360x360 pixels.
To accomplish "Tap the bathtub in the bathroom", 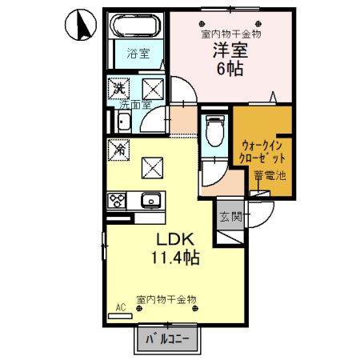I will click(135, 27).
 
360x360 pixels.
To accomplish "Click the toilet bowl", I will click(214, 128).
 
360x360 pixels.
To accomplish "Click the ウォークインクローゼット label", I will click(262, 151).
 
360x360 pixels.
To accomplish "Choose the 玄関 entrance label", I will click(230, 215).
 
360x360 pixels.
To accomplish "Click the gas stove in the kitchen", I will click(117, 200).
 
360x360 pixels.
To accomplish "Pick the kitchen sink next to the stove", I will click(150, 200).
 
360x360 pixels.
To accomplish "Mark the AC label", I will click(122, 306).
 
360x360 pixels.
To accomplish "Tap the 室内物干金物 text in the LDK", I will click(165, 299).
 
